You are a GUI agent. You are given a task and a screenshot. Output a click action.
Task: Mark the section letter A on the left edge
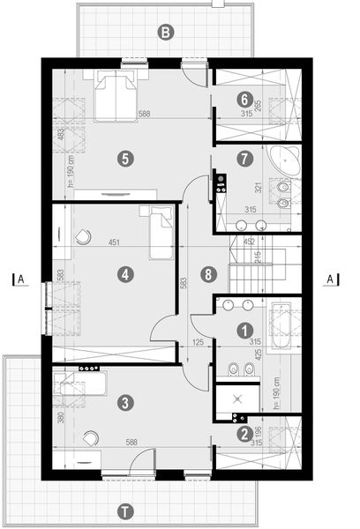coord(20,279)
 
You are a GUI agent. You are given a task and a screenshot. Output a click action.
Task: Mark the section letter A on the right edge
coord(330,279)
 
